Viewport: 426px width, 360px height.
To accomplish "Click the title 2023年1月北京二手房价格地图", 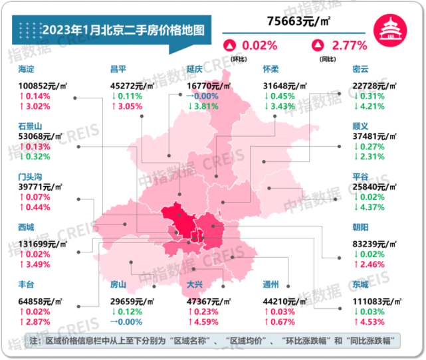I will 123,31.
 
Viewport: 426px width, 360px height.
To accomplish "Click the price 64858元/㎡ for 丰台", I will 42,299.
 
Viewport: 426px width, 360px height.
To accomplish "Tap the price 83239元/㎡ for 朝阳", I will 376,243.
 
